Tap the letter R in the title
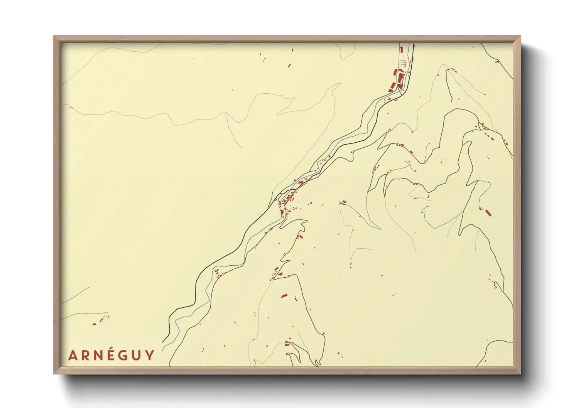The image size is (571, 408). (86, 356)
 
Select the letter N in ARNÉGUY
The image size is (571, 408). (99, 356)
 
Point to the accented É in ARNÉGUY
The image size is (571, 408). (111, 355)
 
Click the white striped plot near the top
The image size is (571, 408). (402, 63)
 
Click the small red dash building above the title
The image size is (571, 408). (94, 324)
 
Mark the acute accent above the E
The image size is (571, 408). (112, 349)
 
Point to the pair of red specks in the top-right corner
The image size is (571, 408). (497, 61)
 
